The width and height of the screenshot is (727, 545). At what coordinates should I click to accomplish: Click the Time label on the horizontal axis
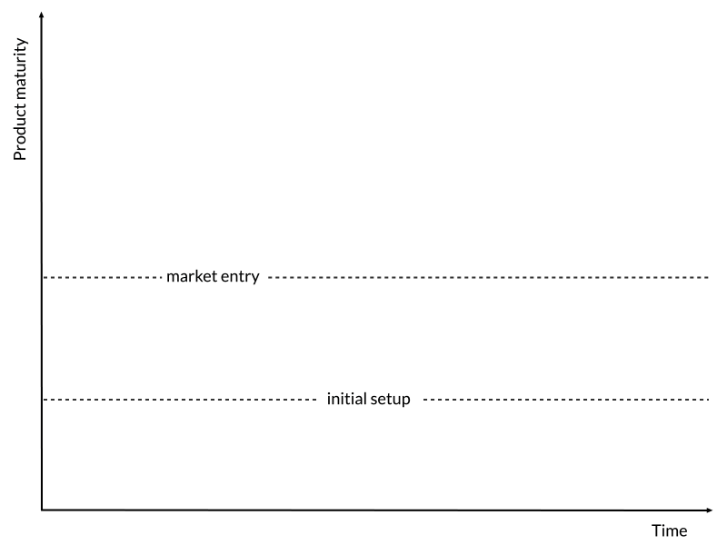pyautogui.click(x=669, y=530)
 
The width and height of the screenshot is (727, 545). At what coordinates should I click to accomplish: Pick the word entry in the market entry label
pyautogui.click(x=240, y=277)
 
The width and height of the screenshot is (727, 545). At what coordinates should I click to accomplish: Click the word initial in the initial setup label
pyautogui.click(x=341, y=399)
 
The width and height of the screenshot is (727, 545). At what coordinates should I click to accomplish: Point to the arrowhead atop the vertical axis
pyautogui.click(x=42, y=15)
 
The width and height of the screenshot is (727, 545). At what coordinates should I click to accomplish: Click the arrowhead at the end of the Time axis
pyautogui.click(x=709, y=510)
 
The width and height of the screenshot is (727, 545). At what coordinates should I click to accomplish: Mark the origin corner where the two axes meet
pyautogui.click(x=42, y=510)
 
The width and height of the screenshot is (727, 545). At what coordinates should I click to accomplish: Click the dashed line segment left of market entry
pyautogui.click(x=103, y=278)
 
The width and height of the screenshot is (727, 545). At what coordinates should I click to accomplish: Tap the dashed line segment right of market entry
pyautogui.click(x=489, y=278)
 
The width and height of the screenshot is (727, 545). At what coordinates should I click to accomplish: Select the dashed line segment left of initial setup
pyautogui.click(x=180, y=400)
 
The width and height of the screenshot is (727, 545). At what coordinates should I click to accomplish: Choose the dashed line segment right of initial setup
pyautogui.click(x=566, y=400)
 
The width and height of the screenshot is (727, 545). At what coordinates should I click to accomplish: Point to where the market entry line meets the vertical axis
pyautogui.click(x=42, y=278)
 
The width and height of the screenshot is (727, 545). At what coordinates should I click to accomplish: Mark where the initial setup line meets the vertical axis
pyautogui.click(x=42, y=400)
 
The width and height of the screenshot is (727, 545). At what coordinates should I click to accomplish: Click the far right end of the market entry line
pyautogui.click(x=709, y=278)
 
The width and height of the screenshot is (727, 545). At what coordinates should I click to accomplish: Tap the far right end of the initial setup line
pyautogui.click(x=709, y=400)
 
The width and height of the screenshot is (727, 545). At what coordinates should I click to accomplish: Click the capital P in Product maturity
pyautogui.click(x=19, y=155)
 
